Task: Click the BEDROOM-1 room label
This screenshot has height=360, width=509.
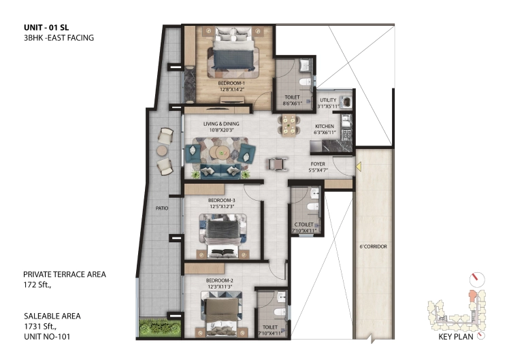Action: tap(231, 83)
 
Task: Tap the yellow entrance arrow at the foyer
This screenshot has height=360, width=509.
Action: tap(359, 167)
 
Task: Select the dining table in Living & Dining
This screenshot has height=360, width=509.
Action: tap(289, 125)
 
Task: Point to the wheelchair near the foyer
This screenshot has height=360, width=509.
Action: tap(277, 164)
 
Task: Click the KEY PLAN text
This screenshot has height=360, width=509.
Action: tap(456, 337)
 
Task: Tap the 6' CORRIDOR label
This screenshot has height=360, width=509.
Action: tap(374, 247)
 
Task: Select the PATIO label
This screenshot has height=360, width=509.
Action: tap(162, 208)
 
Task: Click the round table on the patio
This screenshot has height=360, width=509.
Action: tap(162, 150)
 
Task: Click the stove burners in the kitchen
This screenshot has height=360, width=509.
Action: tap(346, 134)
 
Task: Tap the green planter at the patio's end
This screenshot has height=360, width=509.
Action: tap(160, 328)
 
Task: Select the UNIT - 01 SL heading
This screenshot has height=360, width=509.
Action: tap(46, 28)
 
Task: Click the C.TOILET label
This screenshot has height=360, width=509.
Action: tap(304, 225)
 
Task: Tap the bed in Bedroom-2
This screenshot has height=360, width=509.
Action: tap(221, 314)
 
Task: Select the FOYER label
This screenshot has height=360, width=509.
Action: tap(318, 164)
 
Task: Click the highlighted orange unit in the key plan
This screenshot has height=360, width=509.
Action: tap(472, 296)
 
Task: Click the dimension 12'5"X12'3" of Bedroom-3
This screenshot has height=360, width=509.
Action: tap(222, 206)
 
